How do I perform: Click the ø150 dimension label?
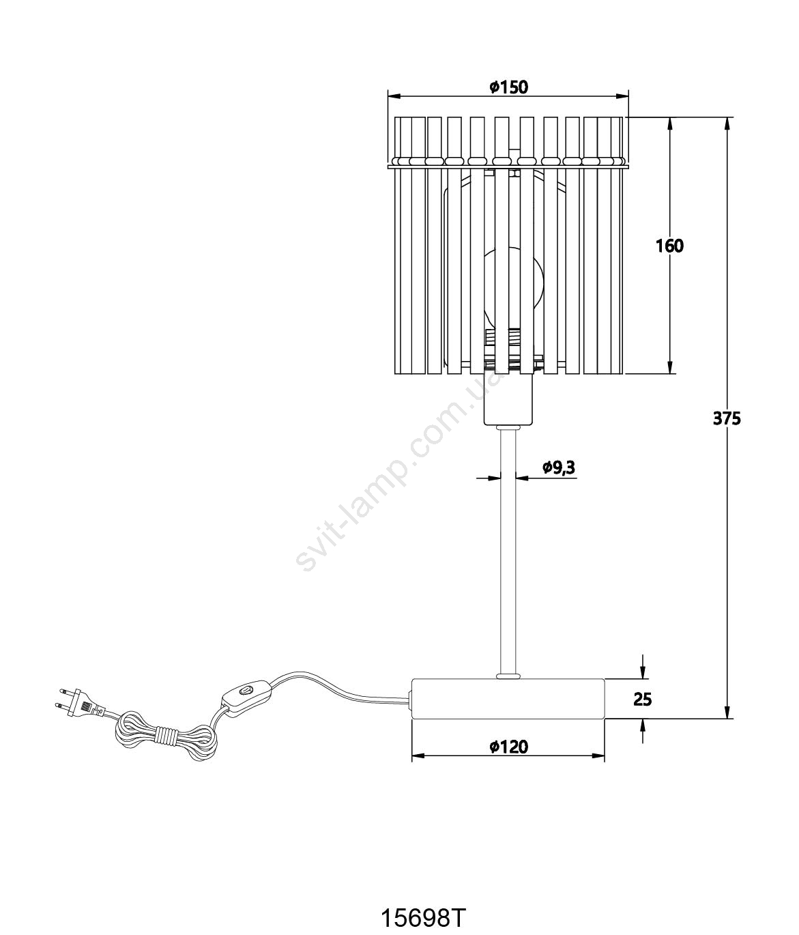[x=509, y=87]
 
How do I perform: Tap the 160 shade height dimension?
[x=669, y=246]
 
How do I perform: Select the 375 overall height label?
[x=727, y=419]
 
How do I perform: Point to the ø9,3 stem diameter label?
[x=558, y=467]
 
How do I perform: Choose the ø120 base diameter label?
[x=509, y=747]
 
